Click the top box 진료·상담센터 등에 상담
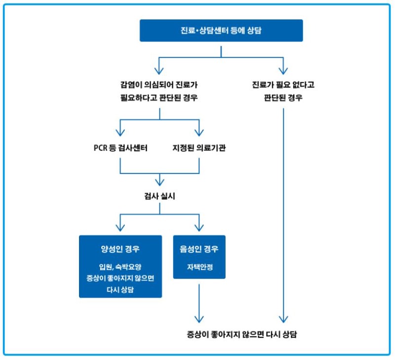(x=221, y=31)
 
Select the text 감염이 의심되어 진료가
(x=159, y=84)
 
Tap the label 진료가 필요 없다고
(x=283, y=84)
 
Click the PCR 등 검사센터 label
(x=120, y=148)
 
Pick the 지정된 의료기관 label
(x=199, y=148)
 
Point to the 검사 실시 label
(x=159, y=196)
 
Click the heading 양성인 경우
(x=120, y=249)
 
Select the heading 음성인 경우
(x=199, y=249)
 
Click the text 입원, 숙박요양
(x=120, y=267)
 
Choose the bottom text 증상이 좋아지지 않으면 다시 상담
(x=242, y=334)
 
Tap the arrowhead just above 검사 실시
(x=159, y=181)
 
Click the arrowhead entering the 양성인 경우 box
(x=120, y=228)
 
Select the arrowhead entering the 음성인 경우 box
(x=199, y=228)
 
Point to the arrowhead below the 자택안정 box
(x=199, y=318)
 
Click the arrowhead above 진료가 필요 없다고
(x=283, y=69)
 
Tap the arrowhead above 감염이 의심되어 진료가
(x=159, y=69)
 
